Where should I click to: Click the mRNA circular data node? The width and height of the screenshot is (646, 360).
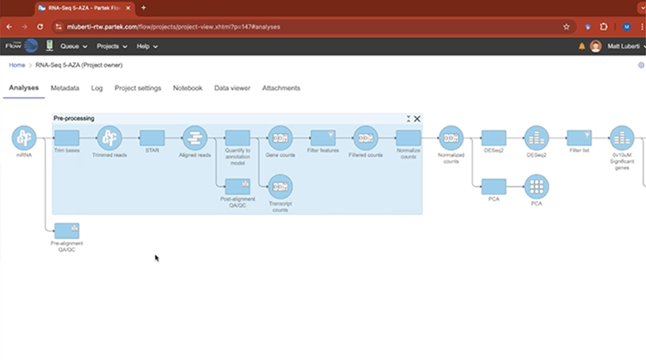pos(24,138)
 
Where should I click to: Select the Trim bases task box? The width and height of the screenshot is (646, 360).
pos(66,138)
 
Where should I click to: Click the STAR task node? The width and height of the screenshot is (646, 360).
pos(152,138)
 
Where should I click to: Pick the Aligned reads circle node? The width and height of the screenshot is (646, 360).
pos(195,138)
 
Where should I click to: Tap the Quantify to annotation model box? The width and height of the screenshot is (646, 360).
pos(238,138)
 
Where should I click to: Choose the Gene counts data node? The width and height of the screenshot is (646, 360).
pos(280,138)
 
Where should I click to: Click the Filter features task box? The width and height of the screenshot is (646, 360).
pos(323,138)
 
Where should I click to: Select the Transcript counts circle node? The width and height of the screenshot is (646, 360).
pos(280,186)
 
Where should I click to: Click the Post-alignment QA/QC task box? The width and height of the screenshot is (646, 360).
pos(238,186)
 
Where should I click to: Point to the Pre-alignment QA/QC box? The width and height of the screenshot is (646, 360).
pos(66,230)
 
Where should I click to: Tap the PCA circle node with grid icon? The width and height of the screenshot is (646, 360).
pos(536,186)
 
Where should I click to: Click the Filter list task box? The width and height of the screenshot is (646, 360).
pos(579,138)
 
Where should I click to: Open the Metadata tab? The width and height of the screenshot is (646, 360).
pos(65,88)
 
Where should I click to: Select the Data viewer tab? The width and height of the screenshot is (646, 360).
pos(232,88)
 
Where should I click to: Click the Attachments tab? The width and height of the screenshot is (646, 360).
pos(281,88)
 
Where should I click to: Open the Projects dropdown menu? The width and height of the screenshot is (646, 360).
pos(112,46)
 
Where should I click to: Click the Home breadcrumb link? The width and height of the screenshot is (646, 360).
pos(16,65)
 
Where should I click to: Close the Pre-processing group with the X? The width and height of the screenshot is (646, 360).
pos(417,119)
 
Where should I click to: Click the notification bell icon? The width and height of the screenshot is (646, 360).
pos(581,46)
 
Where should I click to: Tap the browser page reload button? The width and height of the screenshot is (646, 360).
pos(40,27)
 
